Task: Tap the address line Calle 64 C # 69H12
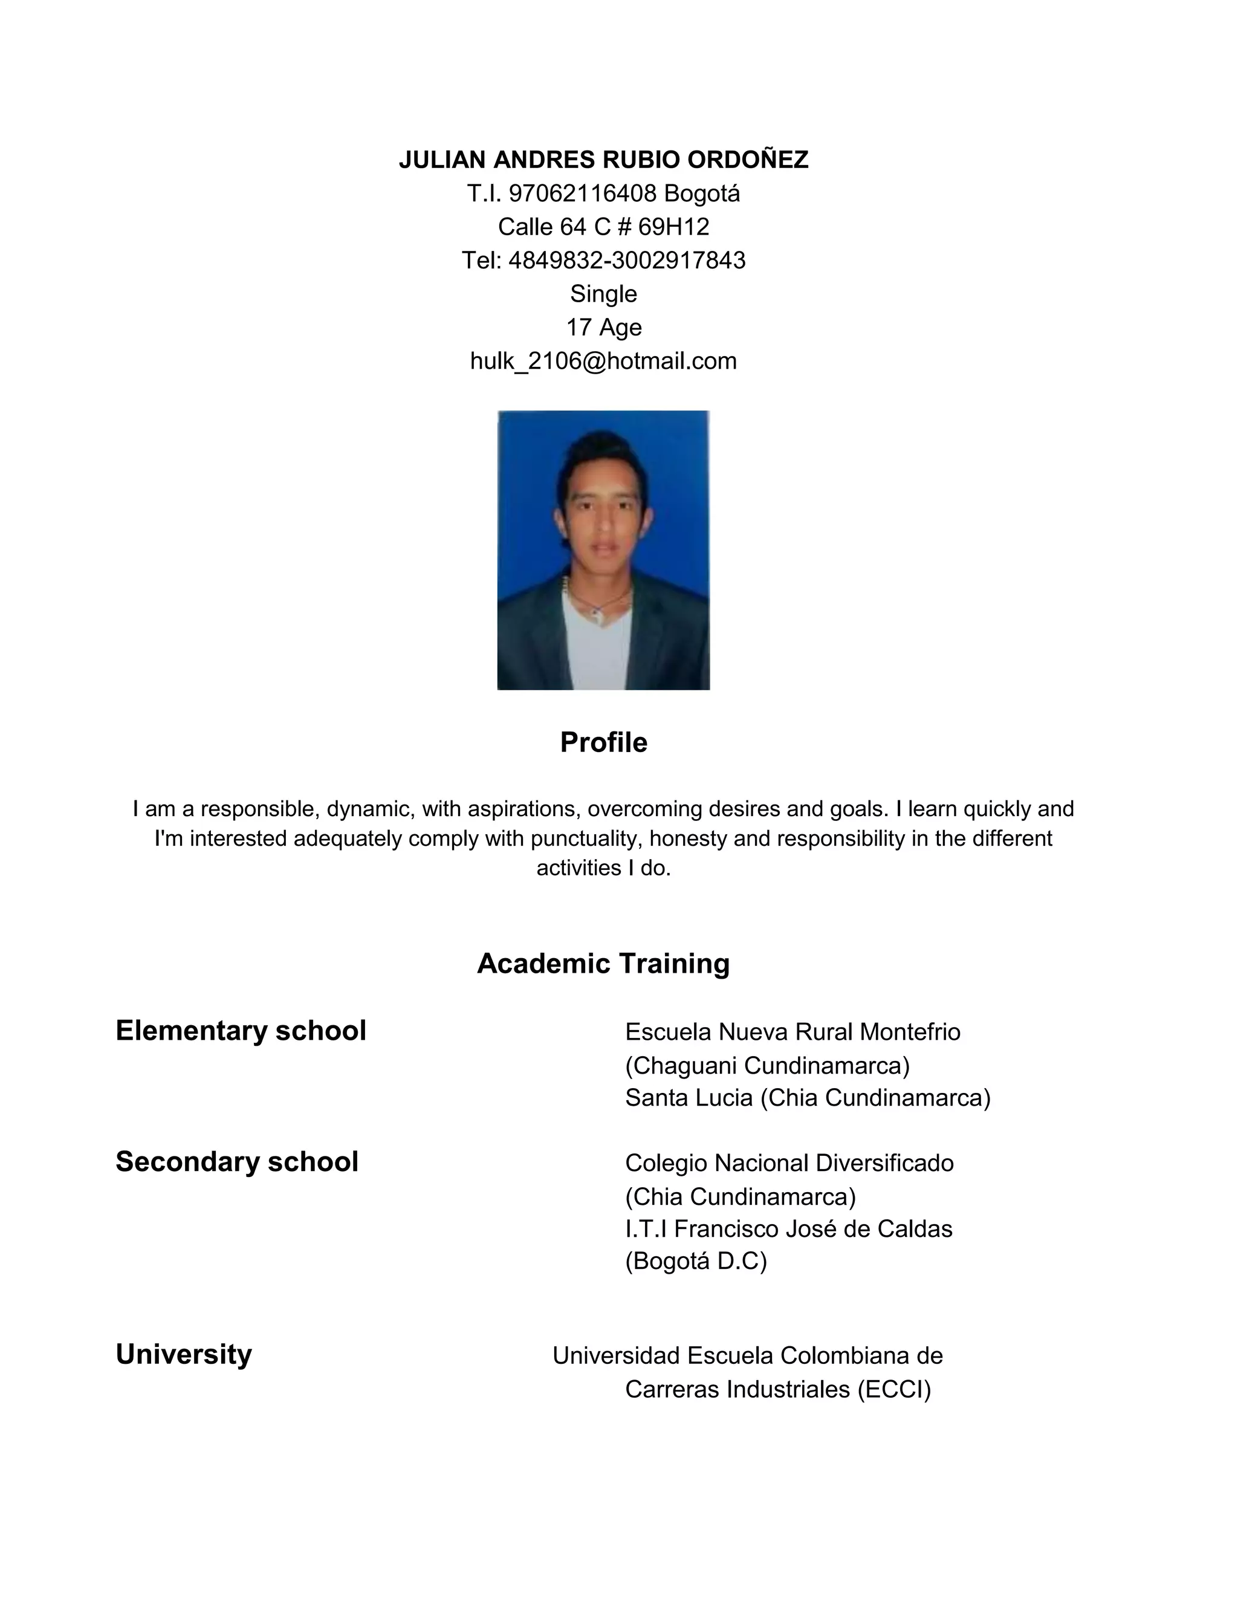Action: [604, 227]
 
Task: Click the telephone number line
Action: [604, 261]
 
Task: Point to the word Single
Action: [604, 294]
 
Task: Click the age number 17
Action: [578, 327]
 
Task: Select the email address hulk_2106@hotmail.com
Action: [604, 361]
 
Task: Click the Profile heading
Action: [604, 742]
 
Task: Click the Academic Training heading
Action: [604, 964]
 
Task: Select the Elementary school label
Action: [241, 1031]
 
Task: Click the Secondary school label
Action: [237, 1162]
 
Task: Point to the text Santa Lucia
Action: [689, 1098]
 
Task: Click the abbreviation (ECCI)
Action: [894, 1389]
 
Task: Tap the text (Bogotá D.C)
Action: [695, 1261]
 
